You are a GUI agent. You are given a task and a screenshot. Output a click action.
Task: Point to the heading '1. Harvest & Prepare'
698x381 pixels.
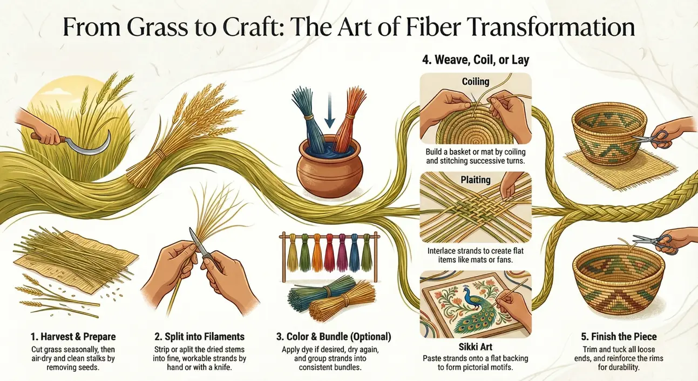[x=73, y=337]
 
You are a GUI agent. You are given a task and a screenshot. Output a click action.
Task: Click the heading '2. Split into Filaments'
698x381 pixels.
[x=199, y=337]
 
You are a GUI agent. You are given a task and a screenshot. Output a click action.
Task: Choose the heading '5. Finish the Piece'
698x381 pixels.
[x=619, y=337]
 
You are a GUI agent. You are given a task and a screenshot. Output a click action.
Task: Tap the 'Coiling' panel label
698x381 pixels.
[x=476, y=82]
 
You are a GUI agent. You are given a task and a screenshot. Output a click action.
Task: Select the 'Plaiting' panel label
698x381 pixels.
[x=476, y=180]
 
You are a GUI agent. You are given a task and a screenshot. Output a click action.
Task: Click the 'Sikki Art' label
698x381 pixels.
[x=476, y=346]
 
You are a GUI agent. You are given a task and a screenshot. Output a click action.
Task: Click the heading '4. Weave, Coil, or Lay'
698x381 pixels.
[x=476, y=59]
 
